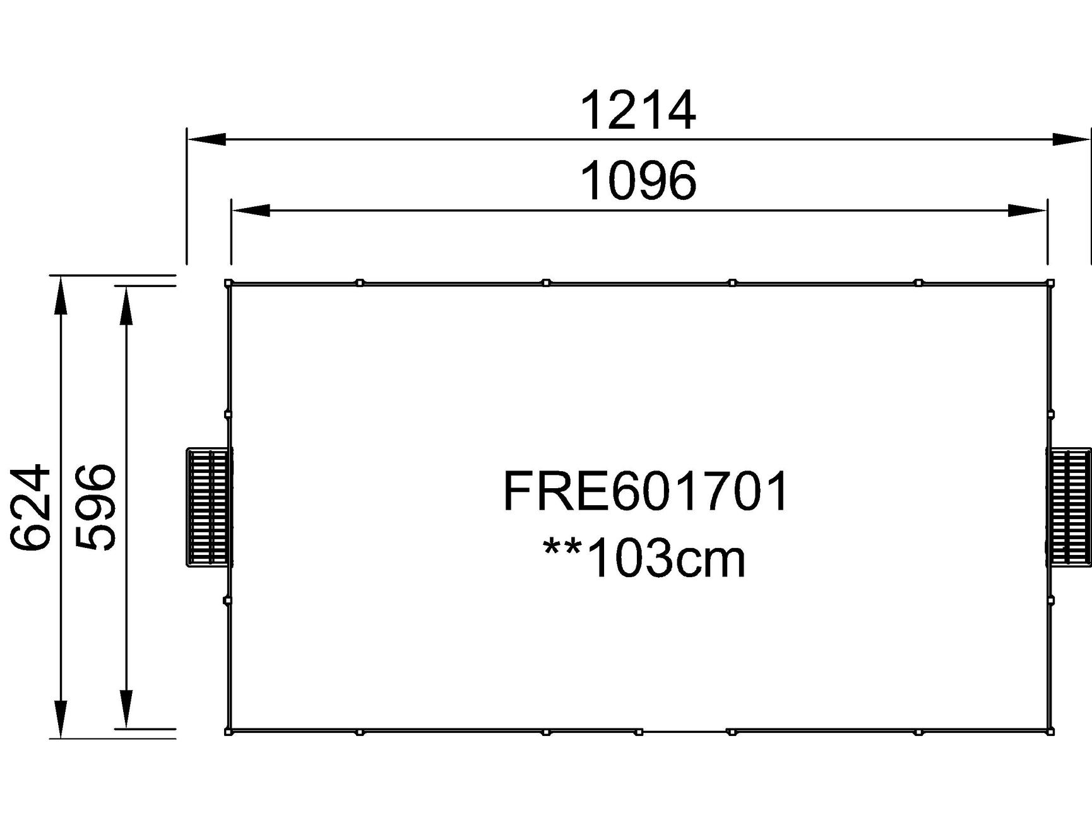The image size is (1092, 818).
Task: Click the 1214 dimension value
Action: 638,111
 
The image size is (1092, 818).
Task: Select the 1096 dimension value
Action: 638,182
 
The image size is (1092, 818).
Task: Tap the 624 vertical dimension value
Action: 30,507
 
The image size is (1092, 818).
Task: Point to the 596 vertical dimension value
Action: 95,507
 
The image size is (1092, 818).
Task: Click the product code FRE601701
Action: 645,491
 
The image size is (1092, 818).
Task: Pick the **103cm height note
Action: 644,558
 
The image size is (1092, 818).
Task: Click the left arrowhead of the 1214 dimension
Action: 206,139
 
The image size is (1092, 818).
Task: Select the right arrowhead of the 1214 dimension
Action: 1071,139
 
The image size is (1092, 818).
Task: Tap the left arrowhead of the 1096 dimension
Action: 251,210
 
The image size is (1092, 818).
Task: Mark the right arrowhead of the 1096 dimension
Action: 1028,210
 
